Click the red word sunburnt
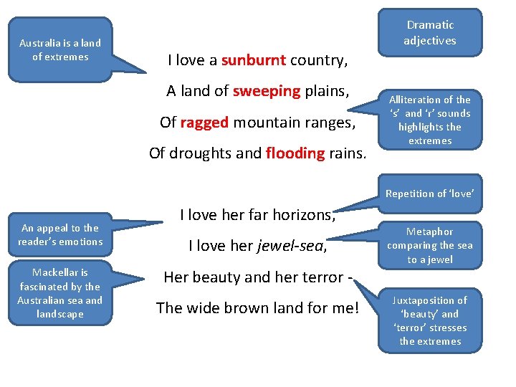pos(254,60)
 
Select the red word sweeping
pos(267,91)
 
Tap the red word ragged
pos(204,122)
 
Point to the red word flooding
pos(295,153)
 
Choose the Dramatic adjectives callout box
pos(429,33)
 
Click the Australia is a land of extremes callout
pos(60,49)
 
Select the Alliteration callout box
pos(429,120)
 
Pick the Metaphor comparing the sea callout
pos(429,245)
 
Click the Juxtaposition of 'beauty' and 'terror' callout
pos(429,320)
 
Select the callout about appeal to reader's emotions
pos(60,234)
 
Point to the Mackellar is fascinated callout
pos(60,292)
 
